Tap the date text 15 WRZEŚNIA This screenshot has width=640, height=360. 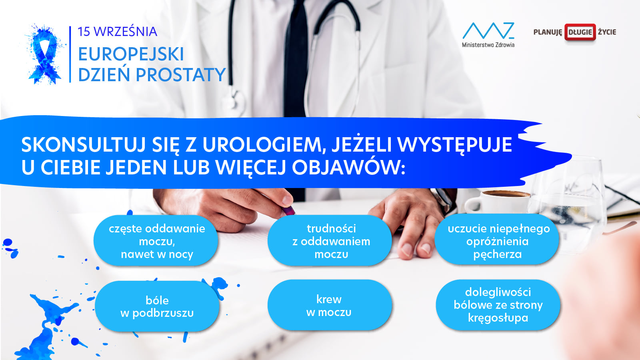coord(118,32)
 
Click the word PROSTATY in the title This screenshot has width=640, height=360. coord(181,75)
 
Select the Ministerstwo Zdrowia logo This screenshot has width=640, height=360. coord(488,34)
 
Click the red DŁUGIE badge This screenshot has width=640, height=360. coord(580,32)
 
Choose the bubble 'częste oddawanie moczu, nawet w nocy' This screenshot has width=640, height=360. coord(156,241)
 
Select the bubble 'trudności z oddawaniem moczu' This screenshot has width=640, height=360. coord(330,241)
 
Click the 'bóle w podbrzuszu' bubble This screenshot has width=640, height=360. coord(157,306)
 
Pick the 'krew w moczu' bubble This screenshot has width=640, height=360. coord(330,305)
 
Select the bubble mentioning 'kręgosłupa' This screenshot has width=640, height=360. coord(498,305)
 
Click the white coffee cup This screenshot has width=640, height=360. coord(497,202)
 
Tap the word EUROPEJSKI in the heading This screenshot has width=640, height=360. coord(131,54)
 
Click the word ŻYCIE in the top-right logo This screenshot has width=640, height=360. coord(607,32)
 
